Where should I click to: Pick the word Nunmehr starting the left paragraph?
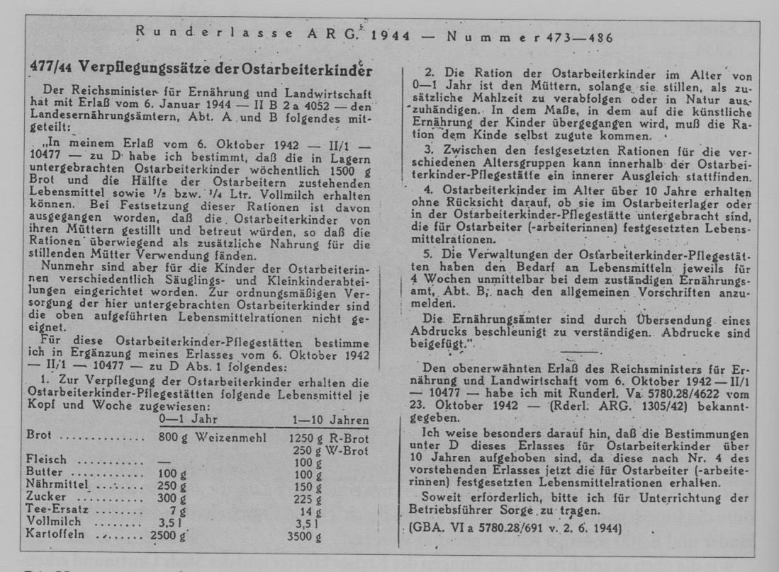(67, 266)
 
